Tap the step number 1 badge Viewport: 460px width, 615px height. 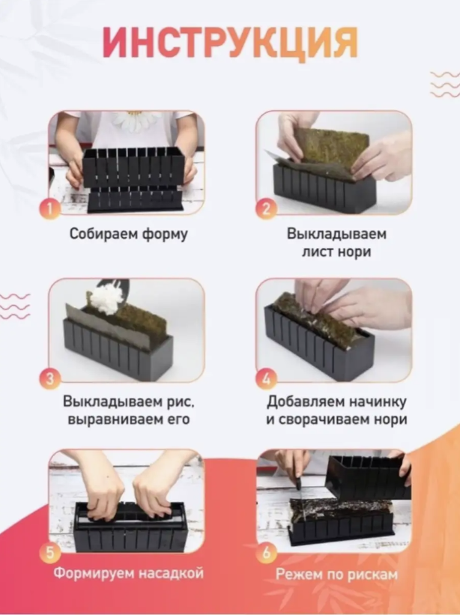49,209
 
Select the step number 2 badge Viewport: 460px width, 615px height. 266,209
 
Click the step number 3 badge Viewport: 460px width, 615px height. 49,379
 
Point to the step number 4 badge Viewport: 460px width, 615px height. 266,379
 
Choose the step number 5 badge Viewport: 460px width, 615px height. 49,553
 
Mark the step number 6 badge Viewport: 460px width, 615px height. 266,553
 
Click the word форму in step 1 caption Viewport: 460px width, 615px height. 165,234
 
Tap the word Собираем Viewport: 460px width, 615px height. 103,234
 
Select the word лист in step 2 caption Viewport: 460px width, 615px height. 316,252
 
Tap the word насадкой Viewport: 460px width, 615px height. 172,573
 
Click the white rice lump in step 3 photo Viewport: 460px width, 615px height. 105,300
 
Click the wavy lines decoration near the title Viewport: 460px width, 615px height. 445,84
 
